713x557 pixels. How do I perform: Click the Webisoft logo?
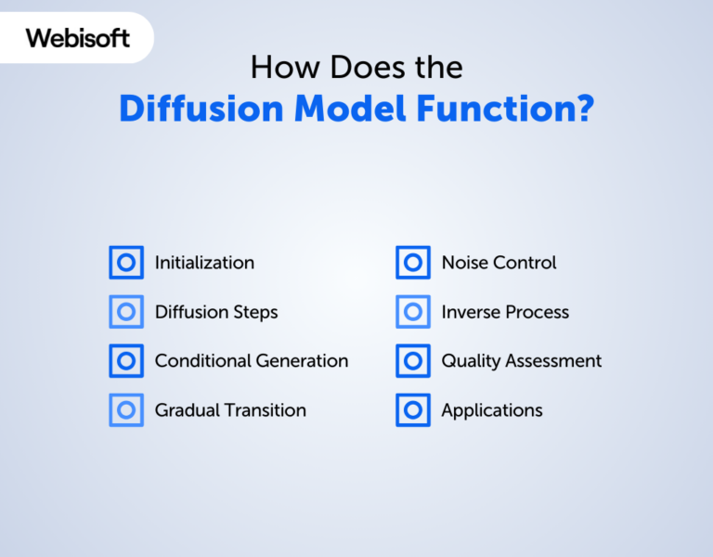click(x=78, y=38)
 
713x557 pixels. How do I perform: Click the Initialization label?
click(x=204, y=263)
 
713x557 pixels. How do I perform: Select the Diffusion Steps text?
click(x=216, y=312)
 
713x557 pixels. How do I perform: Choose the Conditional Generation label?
click(x=252, y=361)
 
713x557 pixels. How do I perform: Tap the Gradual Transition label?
click(x=230, y=410)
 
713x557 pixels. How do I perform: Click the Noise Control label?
click(x=499, y=263)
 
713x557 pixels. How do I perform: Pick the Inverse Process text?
click(x=505, y=312)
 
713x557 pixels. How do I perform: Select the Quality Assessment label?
click(x=522, y=361)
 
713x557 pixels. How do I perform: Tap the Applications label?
click(x=492, y=410)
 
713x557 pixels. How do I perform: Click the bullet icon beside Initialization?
click(x=126, y=263)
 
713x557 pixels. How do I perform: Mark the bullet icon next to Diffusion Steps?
click(x=126, y=312)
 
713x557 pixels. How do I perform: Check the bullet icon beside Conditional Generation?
click(x=126, y=361)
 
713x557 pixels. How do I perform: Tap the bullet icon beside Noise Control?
click(x=413, y=263)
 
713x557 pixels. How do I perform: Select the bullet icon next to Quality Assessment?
click(x=413, y=361)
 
